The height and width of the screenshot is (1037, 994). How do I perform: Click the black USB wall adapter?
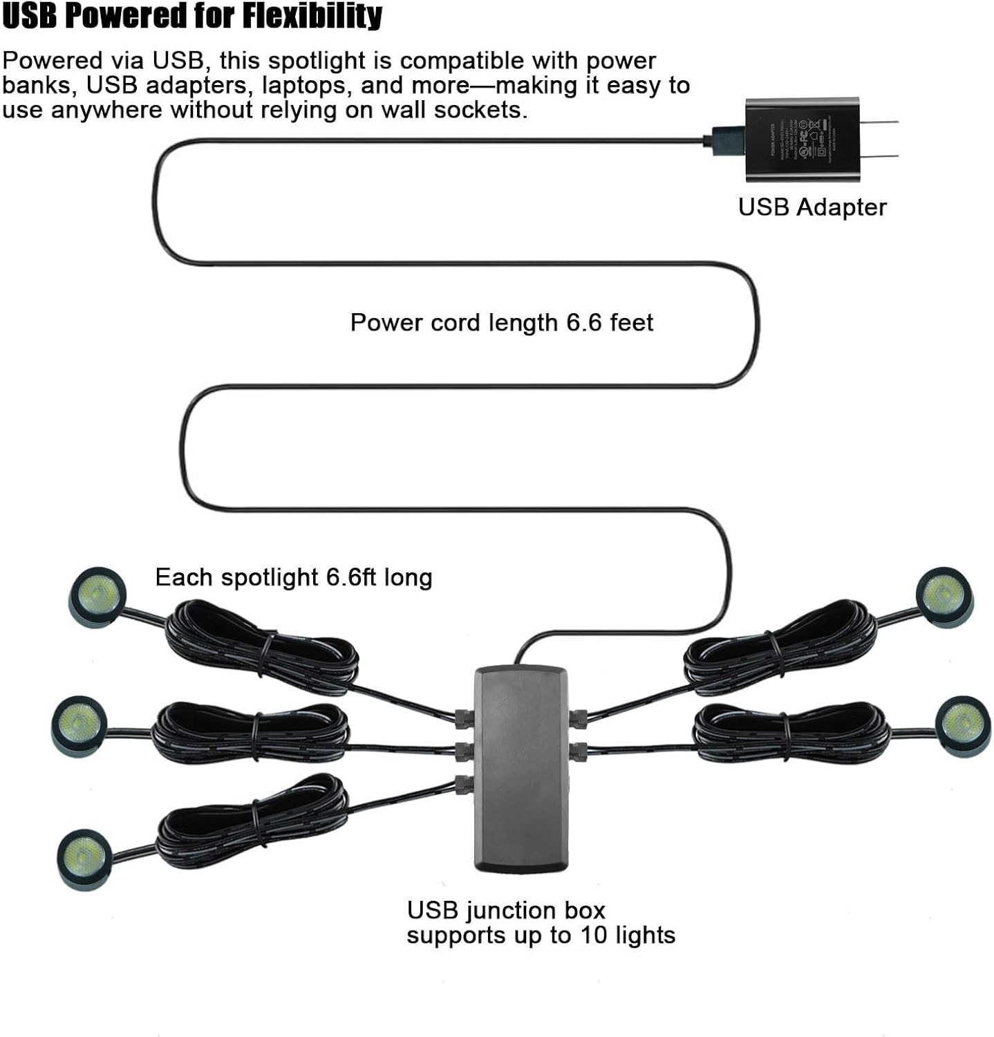[802, 139]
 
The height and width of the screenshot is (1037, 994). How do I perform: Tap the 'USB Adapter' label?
[812, 207]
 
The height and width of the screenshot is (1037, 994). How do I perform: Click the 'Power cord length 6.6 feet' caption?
[501, 323]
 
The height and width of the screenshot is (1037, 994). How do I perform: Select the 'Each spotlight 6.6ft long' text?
[293, 577]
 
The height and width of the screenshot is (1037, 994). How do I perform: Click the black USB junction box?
[521, 768]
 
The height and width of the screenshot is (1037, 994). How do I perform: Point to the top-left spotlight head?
[97, 595]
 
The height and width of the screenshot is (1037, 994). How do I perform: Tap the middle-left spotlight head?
[79, 724]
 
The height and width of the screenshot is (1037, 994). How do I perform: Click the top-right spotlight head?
[944, 595]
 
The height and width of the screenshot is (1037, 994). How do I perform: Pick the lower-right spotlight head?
[962, 724]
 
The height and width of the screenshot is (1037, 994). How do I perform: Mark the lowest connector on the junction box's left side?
[463, 784]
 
